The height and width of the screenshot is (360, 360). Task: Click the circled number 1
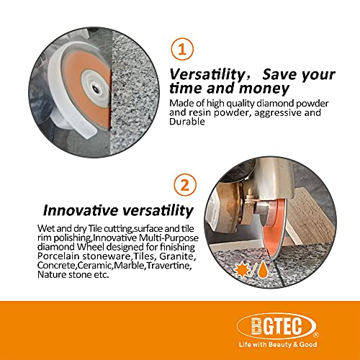(182, 49)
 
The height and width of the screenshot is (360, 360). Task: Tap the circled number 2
(185, 185)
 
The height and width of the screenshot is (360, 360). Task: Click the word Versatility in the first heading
(207, 74)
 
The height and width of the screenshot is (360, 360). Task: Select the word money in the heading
(264, 89)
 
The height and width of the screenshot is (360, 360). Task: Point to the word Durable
(187, 122)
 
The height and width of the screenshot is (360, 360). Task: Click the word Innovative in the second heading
(81, 210)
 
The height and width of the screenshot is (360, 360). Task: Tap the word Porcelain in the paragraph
(58, 256)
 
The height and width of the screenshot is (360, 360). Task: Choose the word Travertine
(169, 266)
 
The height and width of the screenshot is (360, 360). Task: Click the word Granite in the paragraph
(177, 256)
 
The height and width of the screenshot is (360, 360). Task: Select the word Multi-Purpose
(169, 238)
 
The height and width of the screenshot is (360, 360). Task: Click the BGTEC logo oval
(276, 326)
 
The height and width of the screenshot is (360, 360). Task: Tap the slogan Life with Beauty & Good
(278, 345)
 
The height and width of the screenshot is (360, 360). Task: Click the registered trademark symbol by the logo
(316, 335)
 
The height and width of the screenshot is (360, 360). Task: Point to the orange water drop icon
(263, 269)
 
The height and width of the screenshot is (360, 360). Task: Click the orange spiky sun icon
(242, 271)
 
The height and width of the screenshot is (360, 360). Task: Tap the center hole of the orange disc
(95, 89)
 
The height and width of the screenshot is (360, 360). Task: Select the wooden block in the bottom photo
(310, 218)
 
